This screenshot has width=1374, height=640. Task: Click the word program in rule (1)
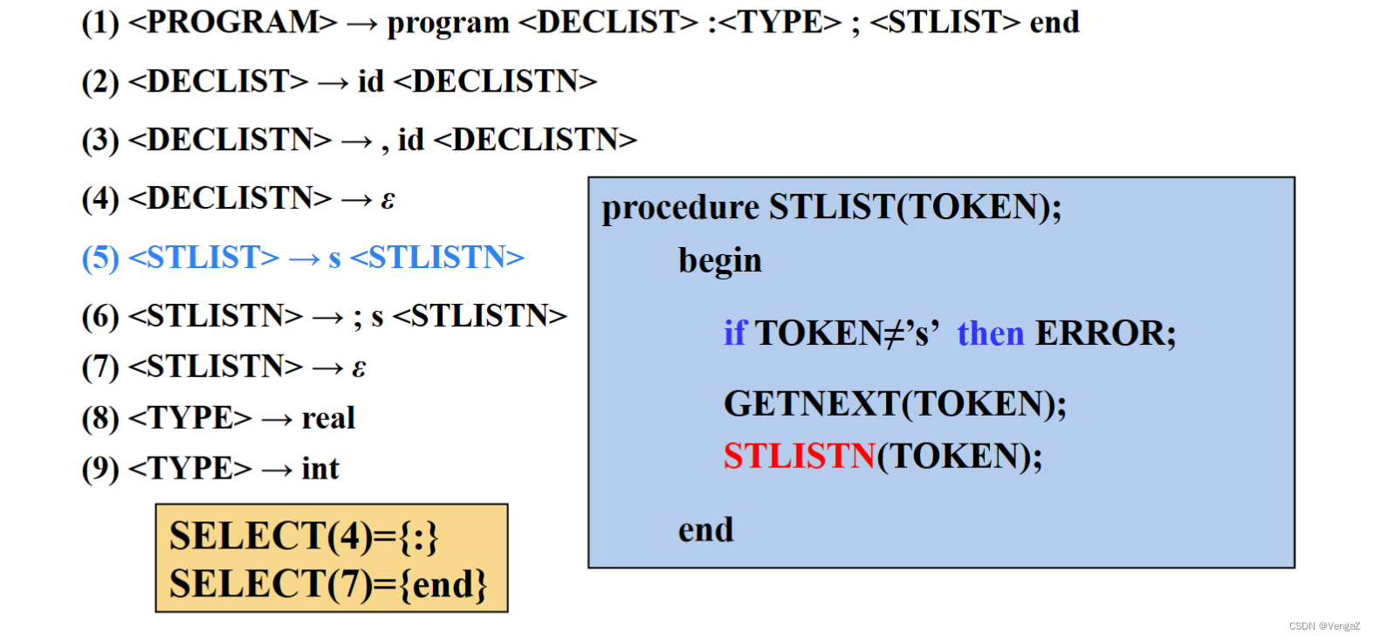pos(448,24)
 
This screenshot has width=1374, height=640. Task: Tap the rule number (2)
pos(100,82)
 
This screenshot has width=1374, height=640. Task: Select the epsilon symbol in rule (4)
pos(388,200)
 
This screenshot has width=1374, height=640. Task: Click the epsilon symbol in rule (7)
pos(359,368)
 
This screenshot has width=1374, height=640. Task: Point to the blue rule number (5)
pos(100,258)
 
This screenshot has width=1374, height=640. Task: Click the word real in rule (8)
pos(328,418)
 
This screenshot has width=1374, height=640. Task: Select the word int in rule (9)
pos(320,469)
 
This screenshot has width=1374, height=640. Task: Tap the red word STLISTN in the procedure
pos(799,457)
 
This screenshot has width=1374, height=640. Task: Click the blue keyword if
pos(734,334)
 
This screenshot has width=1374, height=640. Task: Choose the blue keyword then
pos(990,334)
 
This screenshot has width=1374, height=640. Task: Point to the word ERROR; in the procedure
pos(1105,334)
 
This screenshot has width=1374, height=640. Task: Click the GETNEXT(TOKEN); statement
pos(895,404)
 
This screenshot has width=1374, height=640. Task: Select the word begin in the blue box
pos(720,261)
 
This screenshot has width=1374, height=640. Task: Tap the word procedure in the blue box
pos(680,208)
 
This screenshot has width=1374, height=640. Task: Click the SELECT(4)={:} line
pos(304,536)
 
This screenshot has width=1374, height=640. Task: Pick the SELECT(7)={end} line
pos(328,584)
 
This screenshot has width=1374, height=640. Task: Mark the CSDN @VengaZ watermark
pos(1324,626)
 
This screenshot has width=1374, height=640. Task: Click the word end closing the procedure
pos(705,530)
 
